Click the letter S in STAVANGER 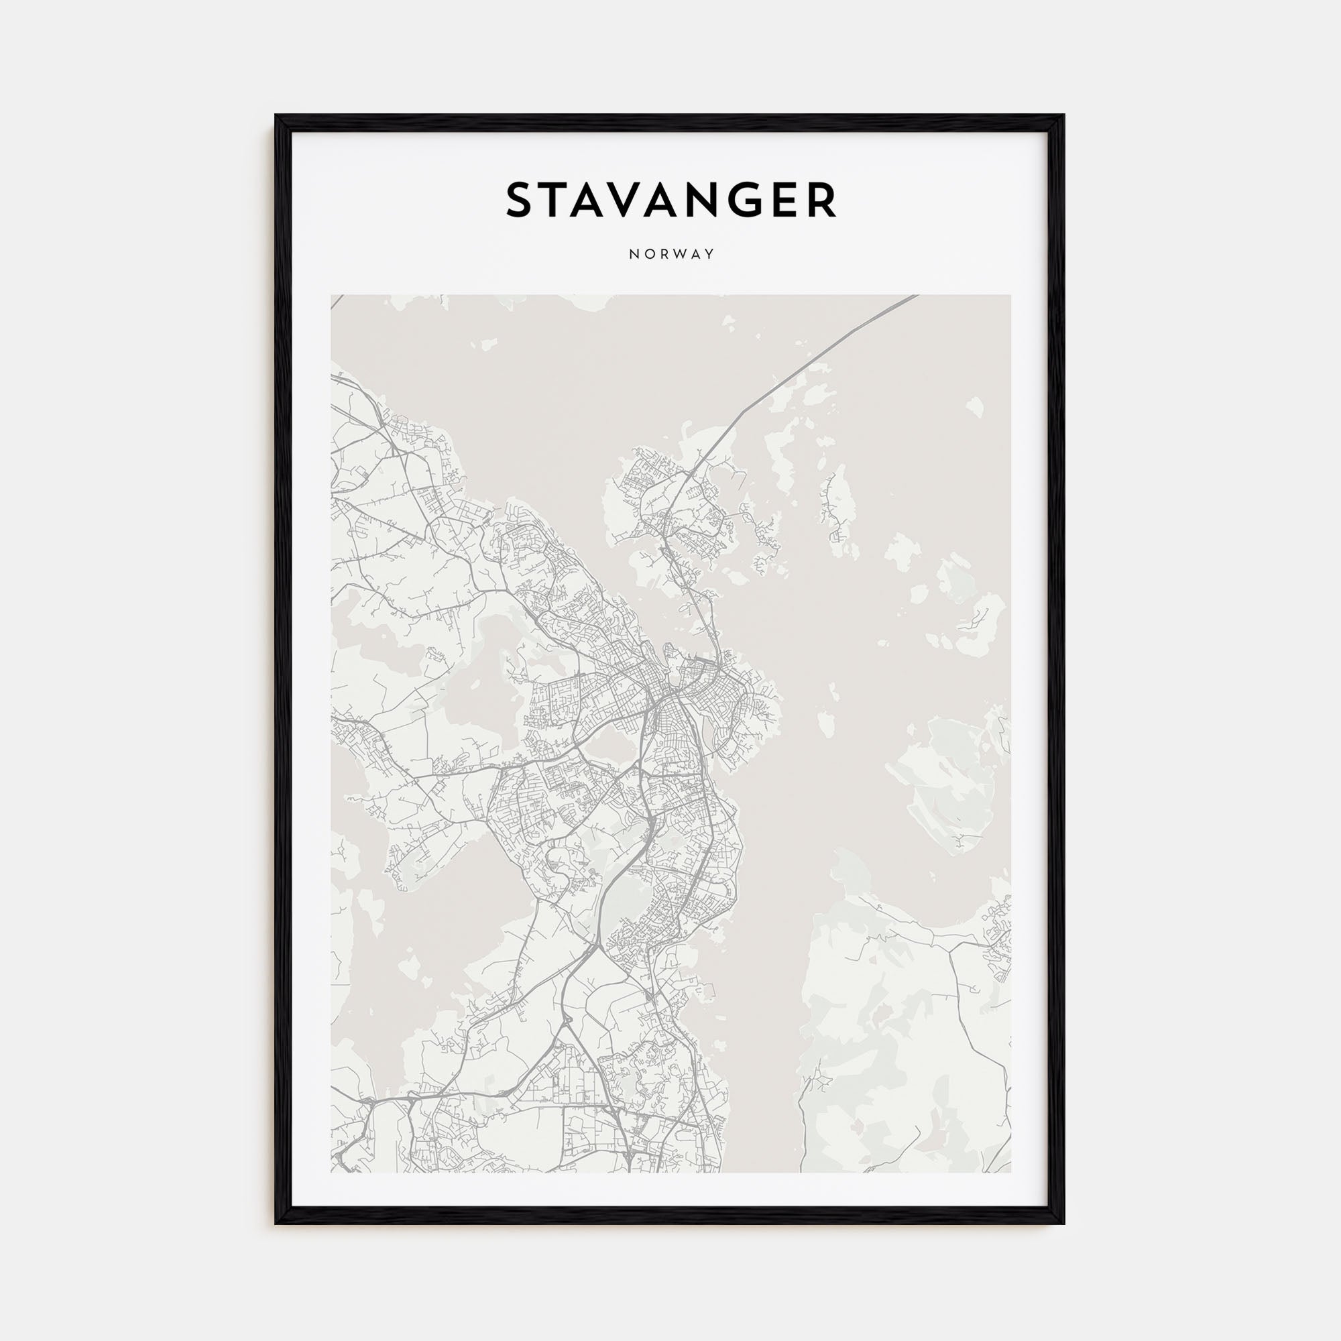pos(520,200)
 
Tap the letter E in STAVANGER pos(795,200)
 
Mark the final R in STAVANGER pos(826,200)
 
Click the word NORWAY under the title pos(670,254)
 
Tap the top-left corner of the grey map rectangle pos(332,295)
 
